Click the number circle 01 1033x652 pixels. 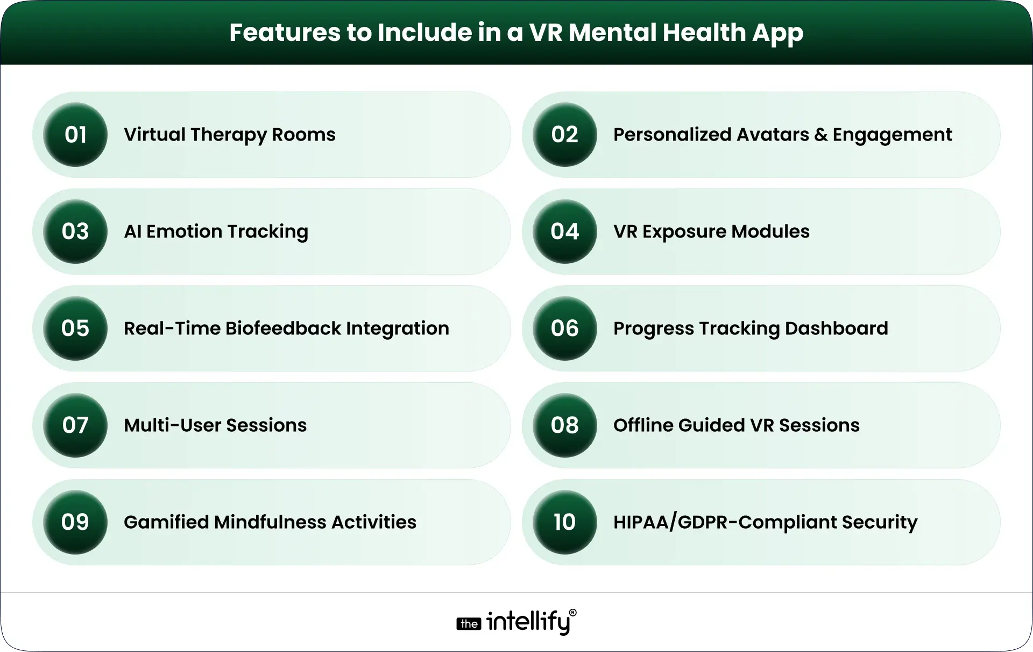pyautogui.click(x=75, y=135)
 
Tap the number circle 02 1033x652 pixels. pyautogui.click(x=565, y=135)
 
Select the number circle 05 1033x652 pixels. pyautogui.click(x=75, y=328)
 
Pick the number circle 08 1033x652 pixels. pyautogui.click(x=565, y=425)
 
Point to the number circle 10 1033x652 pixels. pyautogui.click(x=565, y=522)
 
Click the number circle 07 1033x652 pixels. pyautogui.click(x=75, y=425)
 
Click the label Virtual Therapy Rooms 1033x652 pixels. pyautogui.click(x=229, y=135)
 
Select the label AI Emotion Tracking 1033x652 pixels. pyautogui.click(x=216, y=232)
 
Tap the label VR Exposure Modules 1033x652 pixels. pyautogui.click(x=711, y=232)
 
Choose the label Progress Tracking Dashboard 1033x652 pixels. pyautogui.click(x=751, y=328)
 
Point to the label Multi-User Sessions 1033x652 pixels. pyautogui.click(x=215, y=425)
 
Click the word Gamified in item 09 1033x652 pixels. pyautogui.click(x=166, y=522)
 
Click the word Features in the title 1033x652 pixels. pyautogui.click(x=284, y=32)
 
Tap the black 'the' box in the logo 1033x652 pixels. pyautogui.click(x=469, y=624)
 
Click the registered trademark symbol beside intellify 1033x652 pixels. pyautogui.click(x=572, y=613)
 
